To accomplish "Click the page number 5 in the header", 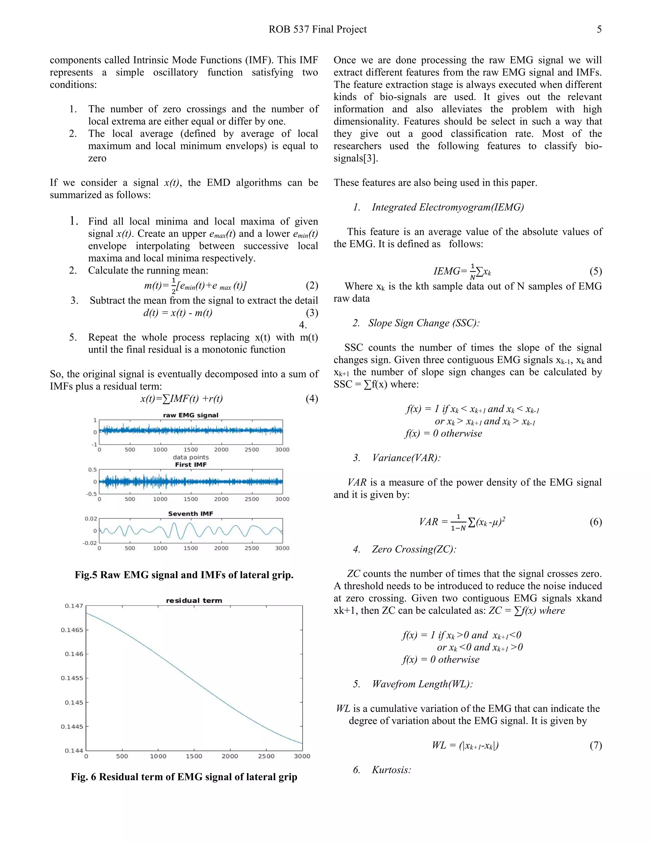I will coord(599,29).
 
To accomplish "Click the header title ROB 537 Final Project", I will coord(317,29).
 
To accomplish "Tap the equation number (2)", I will coord(312,286).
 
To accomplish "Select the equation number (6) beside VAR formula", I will coord(596,522).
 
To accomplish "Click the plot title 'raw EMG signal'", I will coord(190,415).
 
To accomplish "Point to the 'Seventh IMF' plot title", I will coord(190,514).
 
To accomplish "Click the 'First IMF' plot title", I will coord(190,464).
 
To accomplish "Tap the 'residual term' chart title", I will coord(194,601).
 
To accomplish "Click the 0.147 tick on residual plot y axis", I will coord(74,605).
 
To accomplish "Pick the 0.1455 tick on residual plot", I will coord(72,678).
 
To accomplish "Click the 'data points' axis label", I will coord(190,457).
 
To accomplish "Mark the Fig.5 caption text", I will coord(184,575).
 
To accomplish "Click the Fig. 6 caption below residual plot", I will coord(184,777).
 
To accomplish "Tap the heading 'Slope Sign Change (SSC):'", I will coord(423,323).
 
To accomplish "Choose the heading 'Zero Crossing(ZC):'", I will coord(414,549).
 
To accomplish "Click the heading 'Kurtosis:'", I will coord(391,770).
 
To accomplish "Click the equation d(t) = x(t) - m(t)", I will coord(178,313).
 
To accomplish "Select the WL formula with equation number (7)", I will coord(465,745).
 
